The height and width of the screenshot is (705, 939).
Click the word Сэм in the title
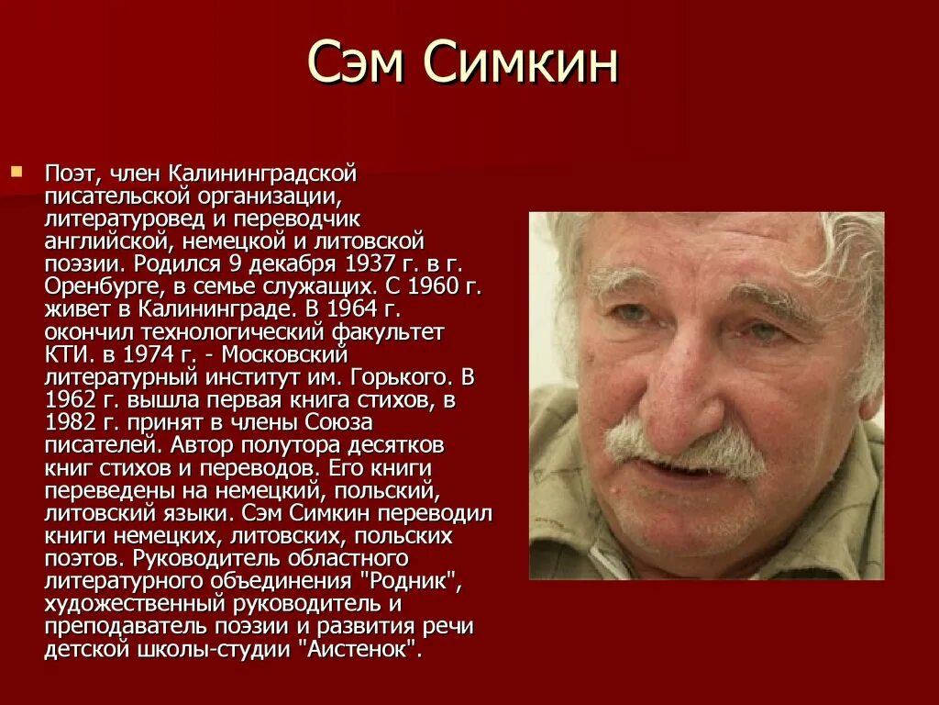coord(357,65)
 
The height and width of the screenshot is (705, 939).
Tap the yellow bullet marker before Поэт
coord(16,171)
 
